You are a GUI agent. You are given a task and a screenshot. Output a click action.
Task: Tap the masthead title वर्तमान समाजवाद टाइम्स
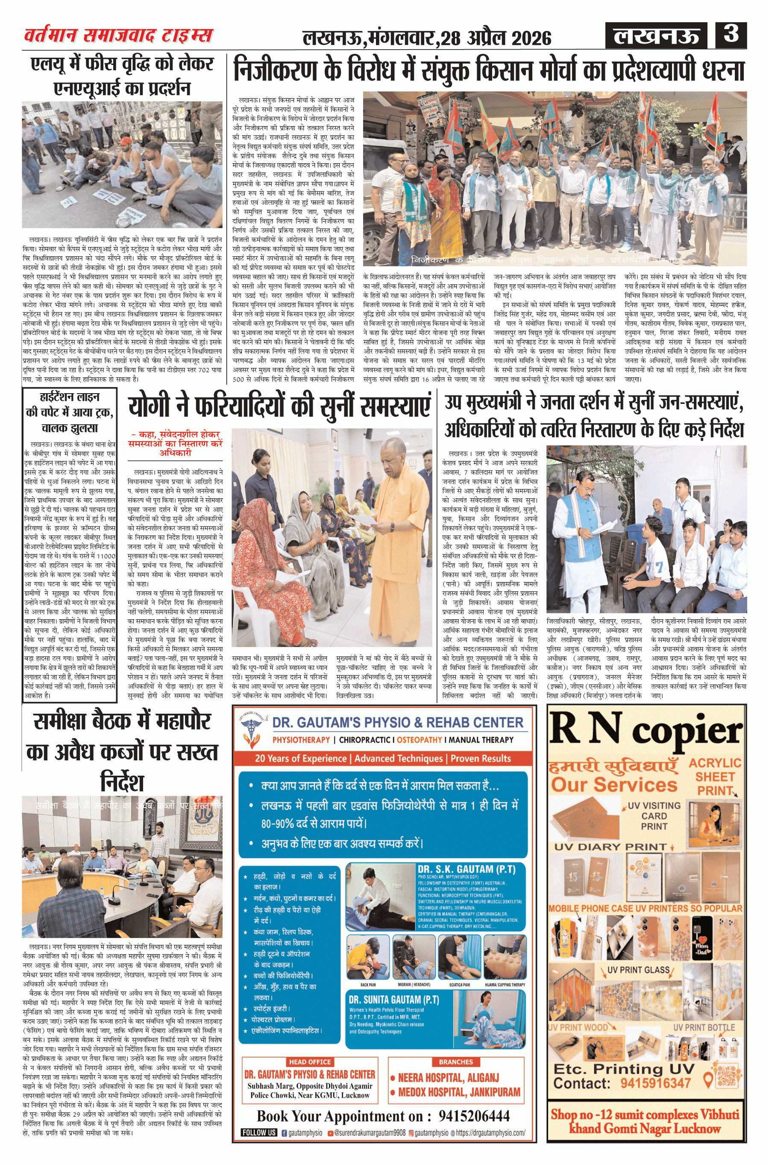[x=119, y=35]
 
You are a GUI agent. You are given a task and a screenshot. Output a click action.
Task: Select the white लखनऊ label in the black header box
[x=656, y=36]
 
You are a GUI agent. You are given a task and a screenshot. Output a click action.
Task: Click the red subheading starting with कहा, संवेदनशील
[x=175, y=444]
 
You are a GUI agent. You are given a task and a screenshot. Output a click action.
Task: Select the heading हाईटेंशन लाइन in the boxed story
[x=70, y=397]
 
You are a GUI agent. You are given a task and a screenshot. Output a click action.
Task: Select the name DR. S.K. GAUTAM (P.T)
[x=466, y=869]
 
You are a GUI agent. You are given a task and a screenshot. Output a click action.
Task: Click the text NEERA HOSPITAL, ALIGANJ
[x=448, y=1077]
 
